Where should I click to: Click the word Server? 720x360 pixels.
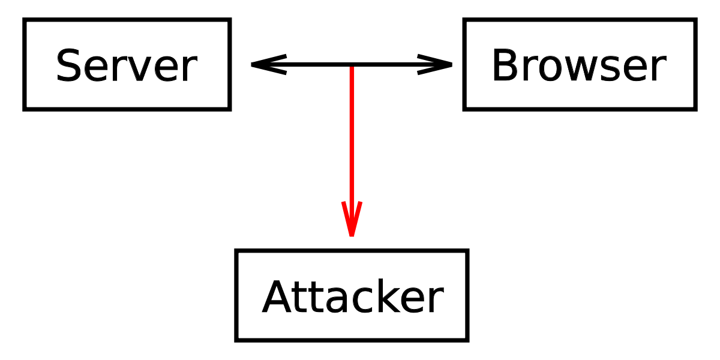[127, 65]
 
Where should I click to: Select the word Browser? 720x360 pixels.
[579, 65]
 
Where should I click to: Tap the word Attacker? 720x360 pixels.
[353, 296]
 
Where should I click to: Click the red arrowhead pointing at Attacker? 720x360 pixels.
[352, 219]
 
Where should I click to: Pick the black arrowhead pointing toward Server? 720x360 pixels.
[269, 65]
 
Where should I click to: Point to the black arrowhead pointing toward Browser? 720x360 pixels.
[434, 65]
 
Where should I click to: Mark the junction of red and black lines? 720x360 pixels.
[352, 65]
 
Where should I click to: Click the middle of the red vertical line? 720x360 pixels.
[352, 151]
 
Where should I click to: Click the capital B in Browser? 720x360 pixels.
[505, 65]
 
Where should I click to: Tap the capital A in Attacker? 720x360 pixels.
[277, 296]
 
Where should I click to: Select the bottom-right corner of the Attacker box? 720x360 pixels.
[467, 340]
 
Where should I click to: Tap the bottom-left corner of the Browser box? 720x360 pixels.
[464, 110]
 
